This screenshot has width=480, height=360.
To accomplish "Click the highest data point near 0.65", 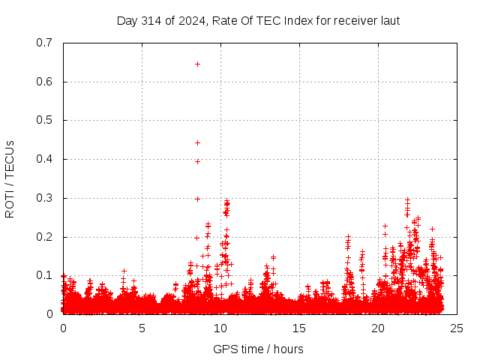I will pyautogui.click(x=197, y=64).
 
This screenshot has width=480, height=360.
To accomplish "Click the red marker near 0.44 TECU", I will pyautogui.click(x=197, y=142).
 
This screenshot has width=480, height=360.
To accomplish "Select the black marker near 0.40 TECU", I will pyautogui.click(x=197, y=161).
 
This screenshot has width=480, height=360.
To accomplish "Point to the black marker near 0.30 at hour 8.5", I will pyautogui.click(x=197, y=199).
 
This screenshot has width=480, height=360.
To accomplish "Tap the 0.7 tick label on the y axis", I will pyautogui.click(x=44, y=43).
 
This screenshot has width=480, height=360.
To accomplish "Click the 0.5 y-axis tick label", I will pyautogui.click(x=44, y=120).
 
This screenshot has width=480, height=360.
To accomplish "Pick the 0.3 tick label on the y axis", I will pyautogui.click(x=44, y=198).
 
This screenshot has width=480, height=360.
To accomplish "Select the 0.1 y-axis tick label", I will pyautogui.click(x=44, y=275).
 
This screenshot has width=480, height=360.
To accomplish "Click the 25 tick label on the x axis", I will pyautogui.click(x=457, y=328).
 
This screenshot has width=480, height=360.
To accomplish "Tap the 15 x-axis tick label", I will pyautogui.click(x=299, y=328).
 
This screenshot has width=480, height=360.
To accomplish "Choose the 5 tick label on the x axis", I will pyautogui.click(x=142, y=328).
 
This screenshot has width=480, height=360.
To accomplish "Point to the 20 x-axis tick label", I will pyautogui.click(x=378, y=328).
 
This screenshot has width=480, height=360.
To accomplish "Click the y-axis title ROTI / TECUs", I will pyautogui.click(x=10, y=178).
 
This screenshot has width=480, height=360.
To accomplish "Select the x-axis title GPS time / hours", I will pyautogui.click(x=258, y=349).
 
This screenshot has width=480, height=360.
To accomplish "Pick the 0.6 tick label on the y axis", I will pyautogui.click(x=44, y=82).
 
